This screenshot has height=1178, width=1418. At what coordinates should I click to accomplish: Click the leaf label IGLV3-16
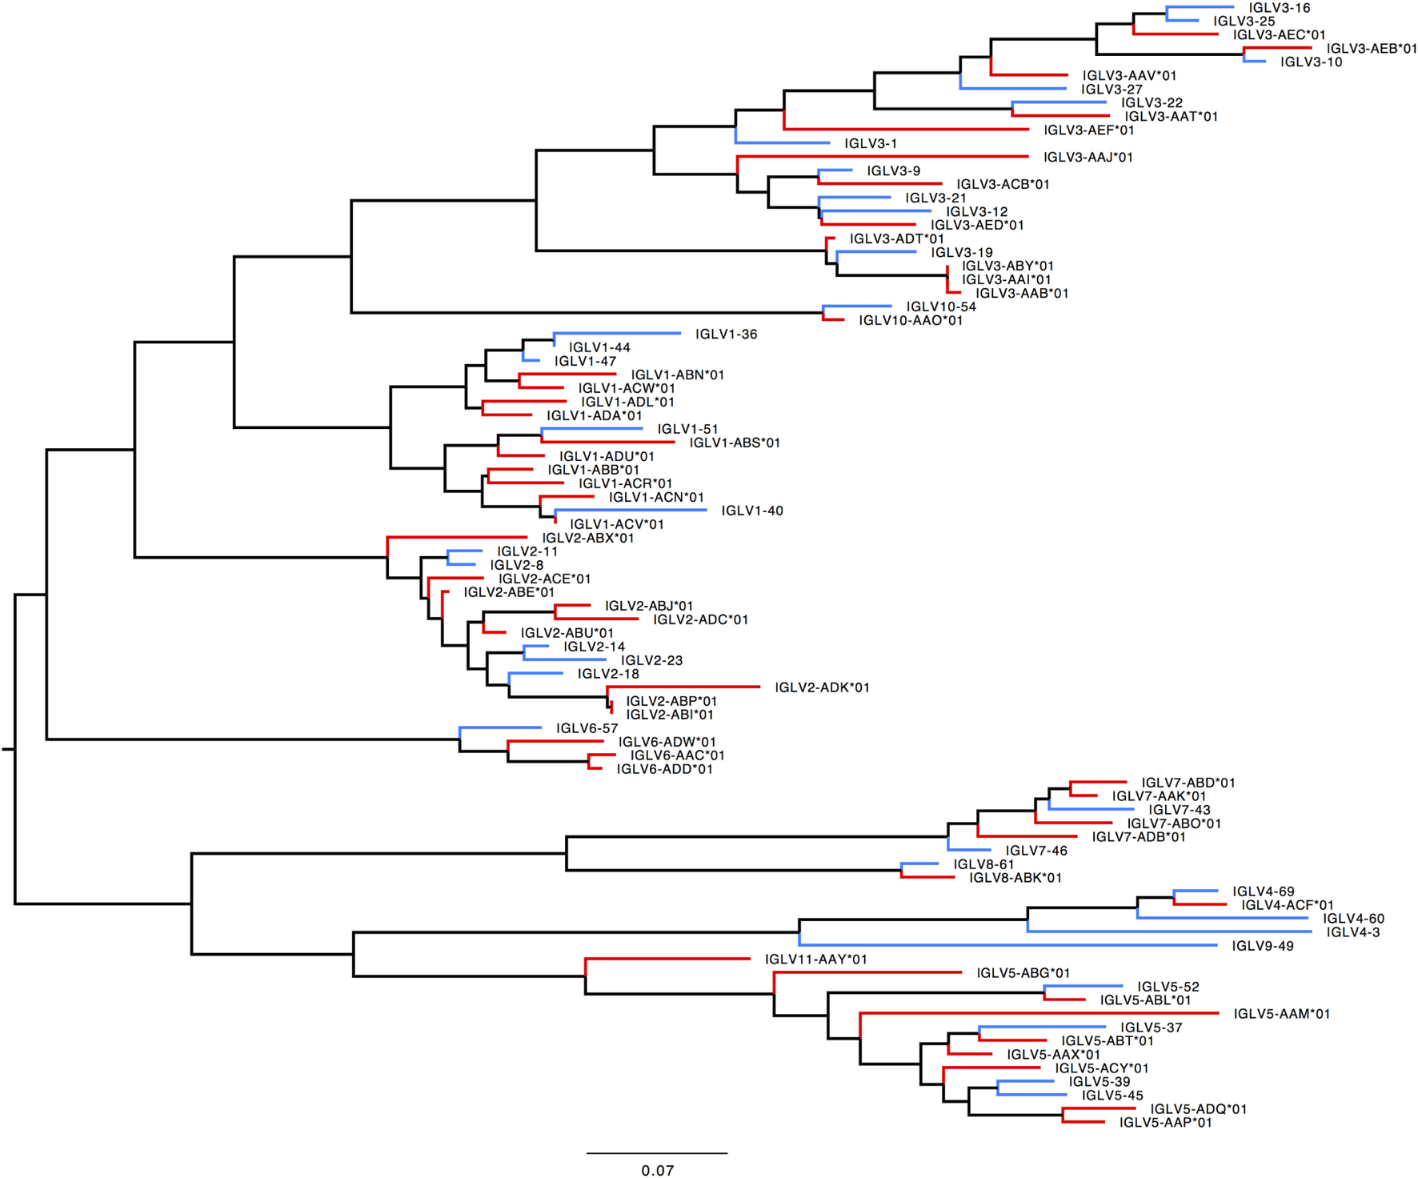(1279, 8)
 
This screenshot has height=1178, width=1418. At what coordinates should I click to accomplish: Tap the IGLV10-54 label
(941, 307)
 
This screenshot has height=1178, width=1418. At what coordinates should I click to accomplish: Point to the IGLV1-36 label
(726, 335)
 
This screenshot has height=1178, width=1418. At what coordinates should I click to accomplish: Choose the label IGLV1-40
(752, 511)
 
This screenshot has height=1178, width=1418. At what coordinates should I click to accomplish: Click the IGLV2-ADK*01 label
(822, 687)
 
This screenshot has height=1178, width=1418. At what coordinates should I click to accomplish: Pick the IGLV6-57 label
(587, 728)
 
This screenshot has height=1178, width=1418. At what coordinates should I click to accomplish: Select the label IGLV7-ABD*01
(1188, 783)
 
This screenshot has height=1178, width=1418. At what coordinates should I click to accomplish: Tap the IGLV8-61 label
(983, 864)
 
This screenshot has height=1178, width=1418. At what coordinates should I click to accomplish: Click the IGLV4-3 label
(1352, 932)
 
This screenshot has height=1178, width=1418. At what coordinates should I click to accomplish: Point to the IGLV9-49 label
(1263, 946)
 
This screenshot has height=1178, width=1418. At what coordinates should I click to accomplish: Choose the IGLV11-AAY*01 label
(815, 960)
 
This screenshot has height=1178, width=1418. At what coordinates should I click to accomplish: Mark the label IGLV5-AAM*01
(1281, 1014)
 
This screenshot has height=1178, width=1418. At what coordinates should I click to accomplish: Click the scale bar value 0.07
(657, 1170)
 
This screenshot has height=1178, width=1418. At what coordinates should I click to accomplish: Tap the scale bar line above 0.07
(657, 1153)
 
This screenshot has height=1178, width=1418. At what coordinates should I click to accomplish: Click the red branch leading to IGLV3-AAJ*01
(880, 157)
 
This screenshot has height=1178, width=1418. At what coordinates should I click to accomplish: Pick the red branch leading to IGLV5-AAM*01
(1040, 1013)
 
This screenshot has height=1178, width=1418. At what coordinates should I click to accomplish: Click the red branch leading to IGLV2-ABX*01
(456, 537)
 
